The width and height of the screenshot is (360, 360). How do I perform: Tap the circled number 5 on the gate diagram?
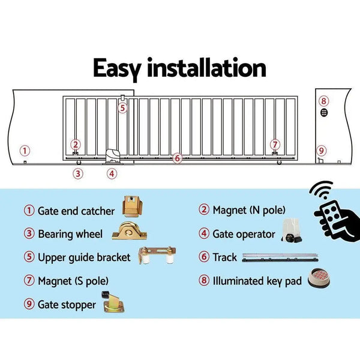tap(122, 108)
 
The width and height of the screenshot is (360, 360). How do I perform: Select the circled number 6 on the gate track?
tap(176, 158)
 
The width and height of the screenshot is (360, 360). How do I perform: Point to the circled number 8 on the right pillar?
tap(323, 101)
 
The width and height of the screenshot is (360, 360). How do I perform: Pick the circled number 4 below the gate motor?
tap(112, 174)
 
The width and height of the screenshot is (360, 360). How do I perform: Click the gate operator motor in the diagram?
tap(114, 157)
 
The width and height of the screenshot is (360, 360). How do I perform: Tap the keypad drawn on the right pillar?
tap(323, 113)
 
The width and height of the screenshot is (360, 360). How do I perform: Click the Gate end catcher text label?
tap(76, 211)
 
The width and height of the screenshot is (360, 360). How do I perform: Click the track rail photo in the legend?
tap(280, 257)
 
